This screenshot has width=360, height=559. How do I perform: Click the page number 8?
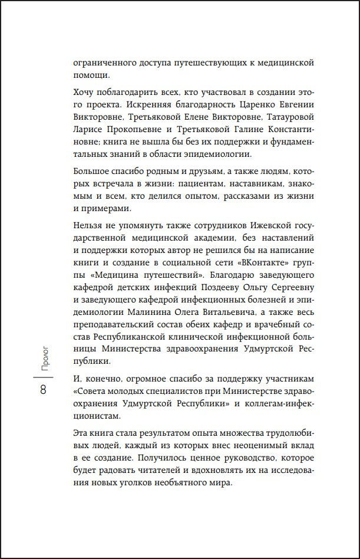(45, 390)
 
